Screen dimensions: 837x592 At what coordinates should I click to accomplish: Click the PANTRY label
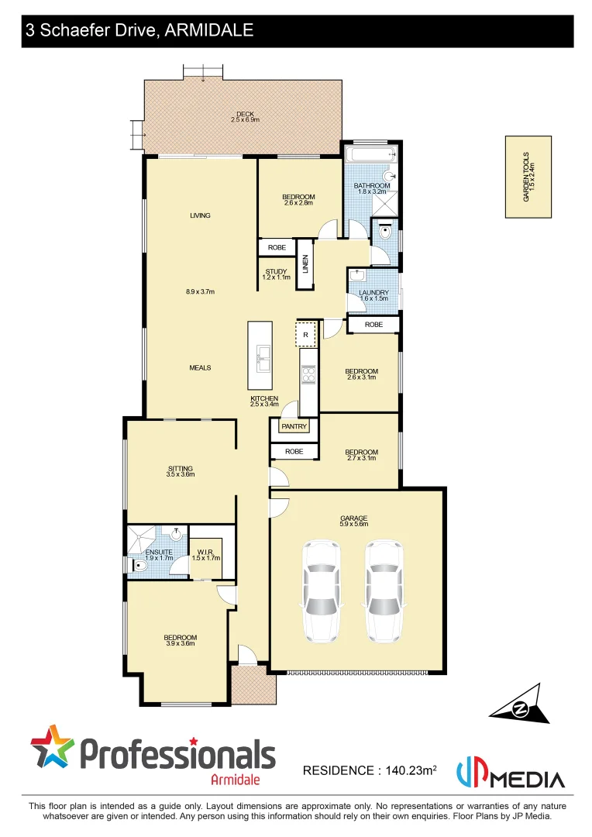(x=294, y=426)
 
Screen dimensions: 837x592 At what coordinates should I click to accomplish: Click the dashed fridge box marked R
(x=306, y=335)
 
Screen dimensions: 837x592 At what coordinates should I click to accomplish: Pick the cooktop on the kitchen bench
(x=308, y=374)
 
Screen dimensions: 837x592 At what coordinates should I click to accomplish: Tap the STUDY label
(x=276, y=272)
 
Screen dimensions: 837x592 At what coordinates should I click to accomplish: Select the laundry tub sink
(x=358, y=275)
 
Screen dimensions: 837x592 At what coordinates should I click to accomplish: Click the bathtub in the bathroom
(x=370, y=154)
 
